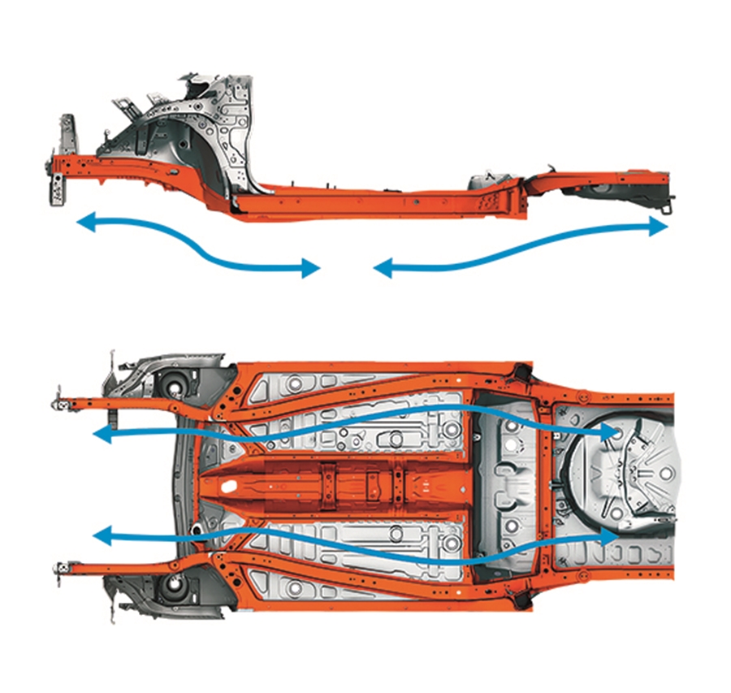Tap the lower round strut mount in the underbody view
(x=173, y=586)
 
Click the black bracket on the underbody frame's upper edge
(x=519, y=373)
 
